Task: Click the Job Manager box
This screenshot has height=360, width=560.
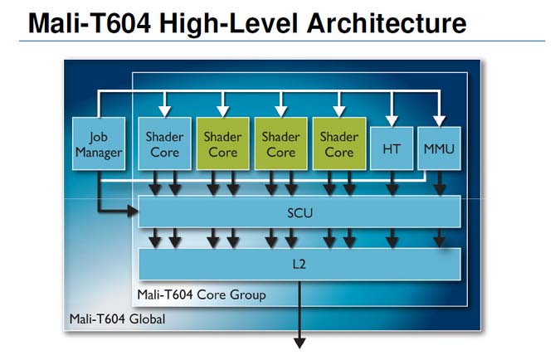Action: coord(99,144)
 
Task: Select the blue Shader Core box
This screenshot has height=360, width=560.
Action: coord(164,144)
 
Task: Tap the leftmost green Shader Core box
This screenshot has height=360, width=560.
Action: coord(222,144)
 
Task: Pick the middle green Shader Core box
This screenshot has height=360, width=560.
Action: coord(280,144)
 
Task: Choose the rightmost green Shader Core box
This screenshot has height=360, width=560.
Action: coord(338,144)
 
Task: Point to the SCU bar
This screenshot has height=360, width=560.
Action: coord(299,212)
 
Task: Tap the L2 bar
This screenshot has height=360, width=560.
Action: coord(299,263)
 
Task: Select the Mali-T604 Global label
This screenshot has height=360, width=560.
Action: coord(116,319)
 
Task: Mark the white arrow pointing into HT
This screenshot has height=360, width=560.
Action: coord(392,119)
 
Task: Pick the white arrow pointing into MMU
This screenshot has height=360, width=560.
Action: coord(437,119)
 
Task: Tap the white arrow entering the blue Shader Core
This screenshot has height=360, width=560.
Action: coord(164,109)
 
